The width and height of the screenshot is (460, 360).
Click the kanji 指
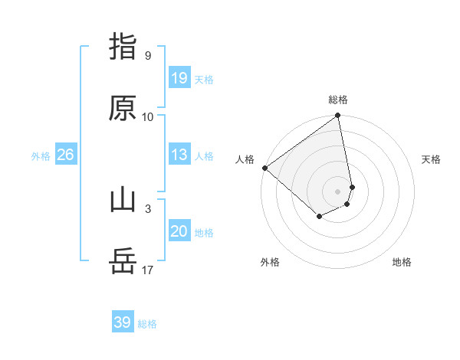[x=123, y=46]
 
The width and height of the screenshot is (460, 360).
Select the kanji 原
[x=123, y=108]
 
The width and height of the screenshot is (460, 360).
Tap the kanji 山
[x=123, y=200]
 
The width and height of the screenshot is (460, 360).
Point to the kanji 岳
[x=123, y=262]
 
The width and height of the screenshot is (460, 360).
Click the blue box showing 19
[x=179, y=78]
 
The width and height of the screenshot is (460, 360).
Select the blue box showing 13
[x=179, y=155]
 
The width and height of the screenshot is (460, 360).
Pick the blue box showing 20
[x=179, y=232]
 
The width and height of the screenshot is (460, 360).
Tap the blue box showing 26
[x=65, y=155]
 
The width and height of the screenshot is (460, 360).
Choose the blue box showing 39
[x=122, y=323]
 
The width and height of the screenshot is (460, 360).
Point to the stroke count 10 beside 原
[x=148, y=116]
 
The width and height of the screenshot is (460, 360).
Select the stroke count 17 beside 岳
[x=148, y=270]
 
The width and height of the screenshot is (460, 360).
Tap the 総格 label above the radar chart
[x=338, y=100]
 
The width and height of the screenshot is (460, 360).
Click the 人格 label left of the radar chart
[x=245, y=159]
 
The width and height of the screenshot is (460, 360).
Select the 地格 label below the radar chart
[x=402, y=262]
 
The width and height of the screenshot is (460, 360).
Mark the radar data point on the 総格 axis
[x=338, y=116]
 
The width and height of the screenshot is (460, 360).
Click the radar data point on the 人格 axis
[x=264, y=168]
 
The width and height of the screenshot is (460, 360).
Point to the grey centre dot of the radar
[x=338, y=191]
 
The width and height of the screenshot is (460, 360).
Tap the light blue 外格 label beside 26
[x=41, y=155]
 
